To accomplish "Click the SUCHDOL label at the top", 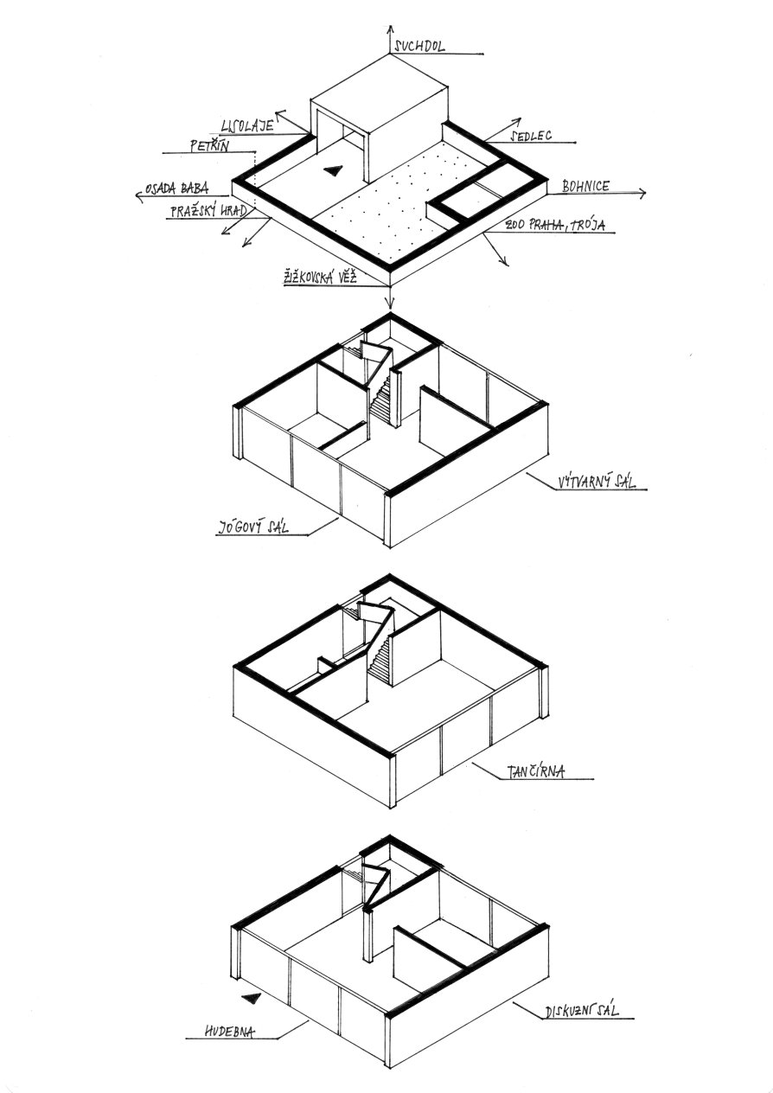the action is (419, 47).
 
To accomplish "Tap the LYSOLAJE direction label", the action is (246, 126).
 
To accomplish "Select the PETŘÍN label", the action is (209, 145).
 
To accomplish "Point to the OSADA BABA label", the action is (176, 188).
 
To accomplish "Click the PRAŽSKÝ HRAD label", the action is (208, 211).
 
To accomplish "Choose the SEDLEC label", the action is (531, 135).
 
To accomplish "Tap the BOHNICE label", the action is (585, 186).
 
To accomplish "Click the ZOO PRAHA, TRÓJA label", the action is (555, 225).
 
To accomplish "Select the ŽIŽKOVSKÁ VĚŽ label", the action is (320, 278).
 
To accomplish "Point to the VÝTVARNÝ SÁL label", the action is (597, 483).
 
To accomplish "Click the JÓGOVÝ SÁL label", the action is (252, 527).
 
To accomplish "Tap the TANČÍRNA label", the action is (535, 771).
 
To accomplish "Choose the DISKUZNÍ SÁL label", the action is (582, 1008).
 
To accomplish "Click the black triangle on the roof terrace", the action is (333, 169).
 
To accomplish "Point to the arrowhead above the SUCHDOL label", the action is (390, 30).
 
